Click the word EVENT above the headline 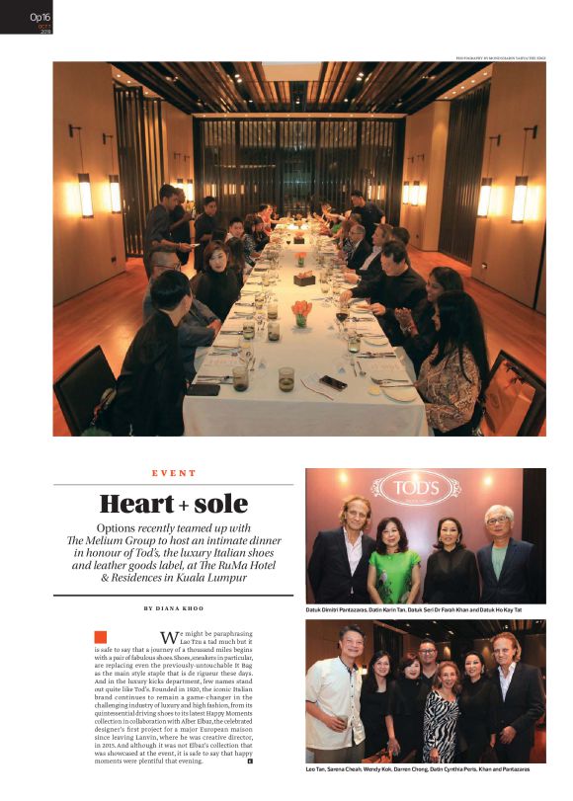[x=174, y=474]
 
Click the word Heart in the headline [x=136, y=505]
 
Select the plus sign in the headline [x=184, y=507]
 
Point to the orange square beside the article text [x=101, y=636]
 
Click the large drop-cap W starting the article [x=168, y=637]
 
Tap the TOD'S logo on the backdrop [x=415, y=487]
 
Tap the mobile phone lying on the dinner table [x=333, y=382]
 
